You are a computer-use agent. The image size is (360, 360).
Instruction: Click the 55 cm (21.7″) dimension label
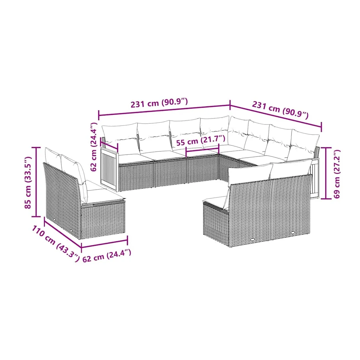point(201,140)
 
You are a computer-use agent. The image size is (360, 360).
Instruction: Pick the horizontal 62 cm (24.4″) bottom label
point(107,256)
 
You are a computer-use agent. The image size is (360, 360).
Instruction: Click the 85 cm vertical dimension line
point(36,182)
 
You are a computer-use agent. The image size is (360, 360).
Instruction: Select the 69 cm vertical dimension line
point(326,173)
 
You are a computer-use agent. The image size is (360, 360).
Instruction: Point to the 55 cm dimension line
point(202,150)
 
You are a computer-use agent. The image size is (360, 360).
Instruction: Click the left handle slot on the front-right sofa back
point(253,240)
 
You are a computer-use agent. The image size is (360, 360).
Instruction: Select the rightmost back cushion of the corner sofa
point(303,143)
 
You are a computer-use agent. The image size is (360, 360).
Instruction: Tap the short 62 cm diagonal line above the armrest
point(109,146)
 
